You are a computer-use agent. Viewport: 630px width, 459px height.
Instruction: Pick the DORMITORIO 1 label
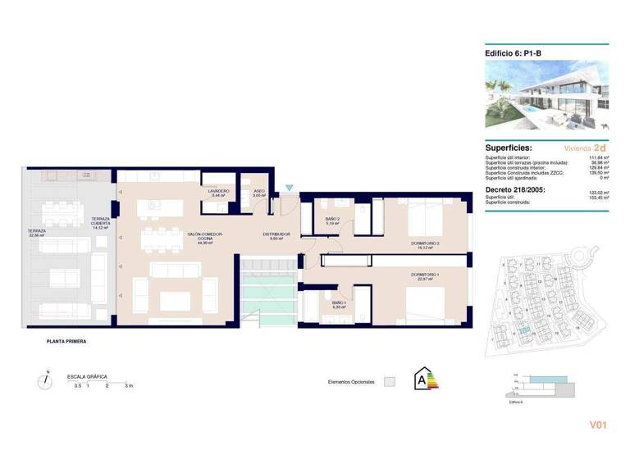(426, 275)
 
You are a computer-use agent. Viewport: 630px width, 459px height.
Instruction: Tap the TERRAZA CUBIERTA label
(100, 219)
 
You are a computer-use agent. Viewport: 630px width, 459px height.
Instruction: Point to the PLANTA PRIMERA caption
(66, 341)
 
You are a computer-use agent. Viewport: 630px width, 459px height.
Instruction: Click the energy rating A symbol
(427, 379)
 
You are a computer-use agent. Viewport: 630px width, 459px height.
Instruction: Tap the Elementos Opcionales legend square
(390, 381)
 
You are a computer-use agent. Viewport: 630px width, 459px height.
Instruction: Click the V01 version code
(598, 425)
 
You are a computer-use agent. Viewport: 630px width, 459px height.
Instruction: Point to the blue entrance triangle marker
(289, 188)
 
